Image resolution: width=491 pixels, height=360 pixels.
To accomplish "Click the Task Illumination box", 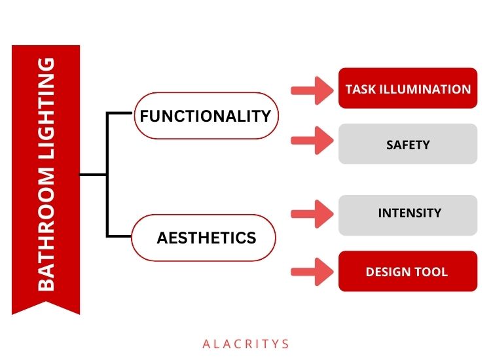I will click(x=407, y=88).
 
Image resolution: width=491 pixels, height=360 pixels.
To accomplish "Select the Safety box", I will click(x=407, y=144).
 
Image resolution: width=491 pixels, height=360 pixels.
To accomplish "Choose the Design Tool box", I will click(x=407, y=271).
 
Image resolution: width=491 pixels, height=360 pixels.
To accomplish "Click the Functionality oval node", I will click(x=205, y=116).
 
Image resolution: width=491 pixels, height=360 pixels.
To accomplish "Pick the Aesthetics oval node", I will click(x=204, y=237).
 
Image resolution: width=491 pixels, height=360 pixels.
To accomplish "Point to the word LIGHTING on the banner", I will click(x=46, y=111).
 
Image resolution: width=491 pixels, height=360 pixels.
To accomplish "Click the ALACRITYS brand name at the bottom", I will click(x=245, y=343).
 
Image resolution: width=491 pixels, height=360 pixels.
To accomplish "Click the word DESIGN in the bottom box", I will click(x=388, y=272).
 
